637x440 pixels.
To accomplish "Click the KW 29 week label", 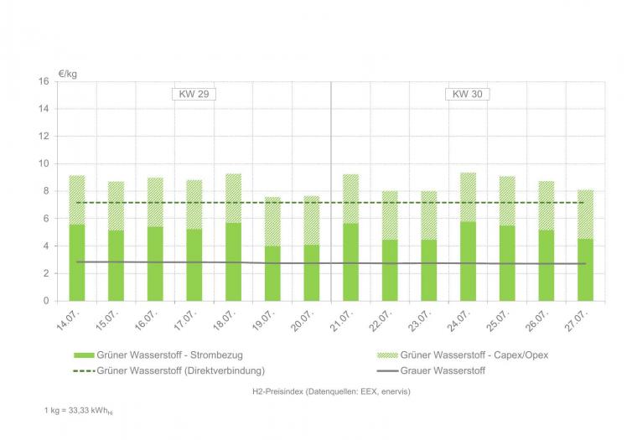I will click(194, 95).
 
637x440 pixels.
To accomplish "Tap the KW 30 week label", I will click(467, 95).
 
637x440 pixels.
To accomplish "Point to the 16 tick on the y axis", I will click(44, 81).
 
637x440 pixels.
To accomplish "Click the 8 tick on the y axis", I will click(47, 191).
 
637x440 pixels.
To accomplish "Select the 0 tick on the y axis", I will click(47, 301).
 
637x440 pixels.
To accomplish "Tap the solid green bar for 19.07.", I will click(272, 273).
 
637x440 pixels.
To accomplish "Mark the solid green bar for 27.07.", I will click(584, 270).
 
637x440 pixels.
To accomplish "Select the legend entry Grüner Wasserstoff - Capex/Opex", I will click(474, 355).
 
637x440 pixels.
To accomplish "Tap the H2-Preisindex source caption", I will click(330, 391).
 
